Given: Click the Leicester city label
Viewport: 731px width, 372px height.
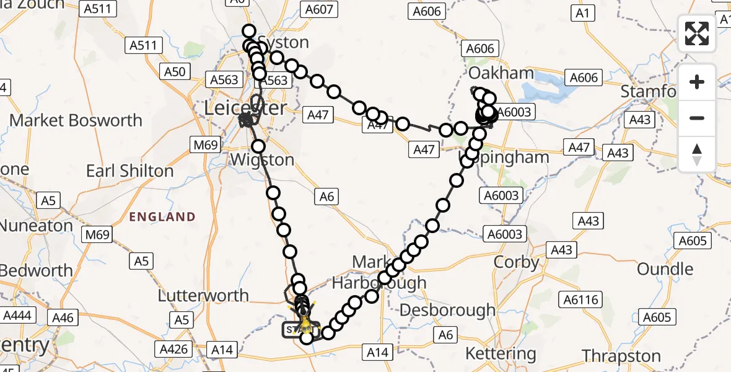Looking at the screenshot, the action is [246, 108].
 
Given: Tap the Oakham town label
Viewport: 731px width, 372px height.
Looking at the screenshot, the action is [501, 73].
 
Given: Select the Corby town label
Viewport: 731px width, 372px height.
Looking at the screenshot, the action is [516, 262].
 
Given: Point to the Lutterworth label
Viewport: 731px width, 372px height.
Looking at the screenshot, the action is [203, 295].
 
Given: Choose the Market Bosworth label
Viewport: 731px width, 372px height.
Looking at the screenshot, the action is [76, 120].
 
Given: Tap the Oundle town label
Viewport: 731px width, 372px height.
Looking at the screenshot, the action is [665, 269].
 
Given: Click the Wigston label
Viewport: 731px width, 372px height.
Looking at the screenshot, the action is [261, 159].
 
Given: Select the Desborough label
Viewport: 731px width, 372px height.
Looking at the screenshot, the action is [448, 309].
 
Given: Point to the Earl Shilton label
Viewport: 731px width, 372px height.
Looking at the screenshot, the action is [129, 170].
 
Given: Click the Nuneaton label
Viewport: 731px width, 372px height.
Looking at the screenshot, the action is [37, 226].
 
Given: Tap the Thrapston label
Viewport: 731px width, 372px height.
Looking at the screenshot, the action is [621, 356].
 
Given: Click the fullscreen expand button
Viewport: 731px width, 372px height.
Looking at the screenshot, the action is [697, 33].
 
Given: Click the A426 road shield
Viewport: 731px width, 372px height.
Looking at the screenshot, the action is [173, 349].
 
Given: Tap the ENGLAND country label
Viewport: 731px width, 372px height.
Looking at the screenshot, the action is [162, 217].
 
